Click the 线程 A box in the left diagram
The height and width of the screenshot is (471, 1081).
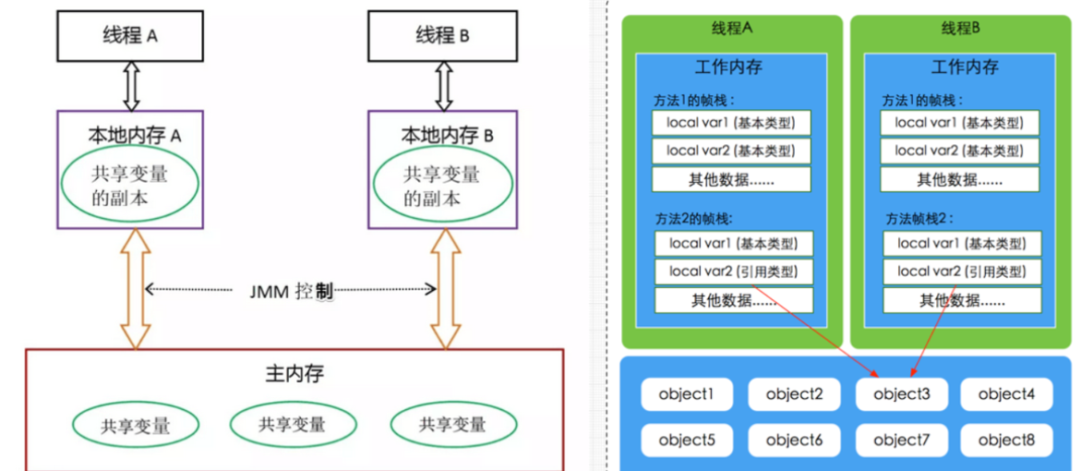coord(130,36)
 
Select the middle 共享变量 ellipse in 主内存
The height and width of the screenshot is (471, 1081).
coord(292,424)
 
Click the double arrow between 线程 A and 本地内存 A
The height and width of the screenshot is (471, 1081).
coord(131,86)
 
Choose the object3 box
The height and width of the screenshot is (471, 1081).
coord(902,394)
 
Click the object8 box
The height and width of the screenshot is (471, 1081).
coord(1007,441)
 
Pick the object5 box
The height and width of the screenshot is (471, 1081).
coord(687,441)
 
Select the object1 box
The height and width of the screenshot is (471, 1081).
coord(687,394)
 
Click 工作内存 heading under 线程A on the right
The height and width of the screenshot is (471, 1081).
coord(728,67)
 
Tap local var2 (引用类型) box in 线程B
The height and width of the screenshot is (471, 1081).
coord(961,272)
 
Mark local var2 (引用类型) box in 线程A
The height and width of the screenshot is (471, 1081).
coord(733,272)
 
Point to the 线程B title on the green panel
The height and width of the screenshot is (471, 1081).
coord(960,29)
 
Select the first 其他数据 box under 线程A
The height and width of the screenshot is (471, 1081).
coord(730,179)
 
